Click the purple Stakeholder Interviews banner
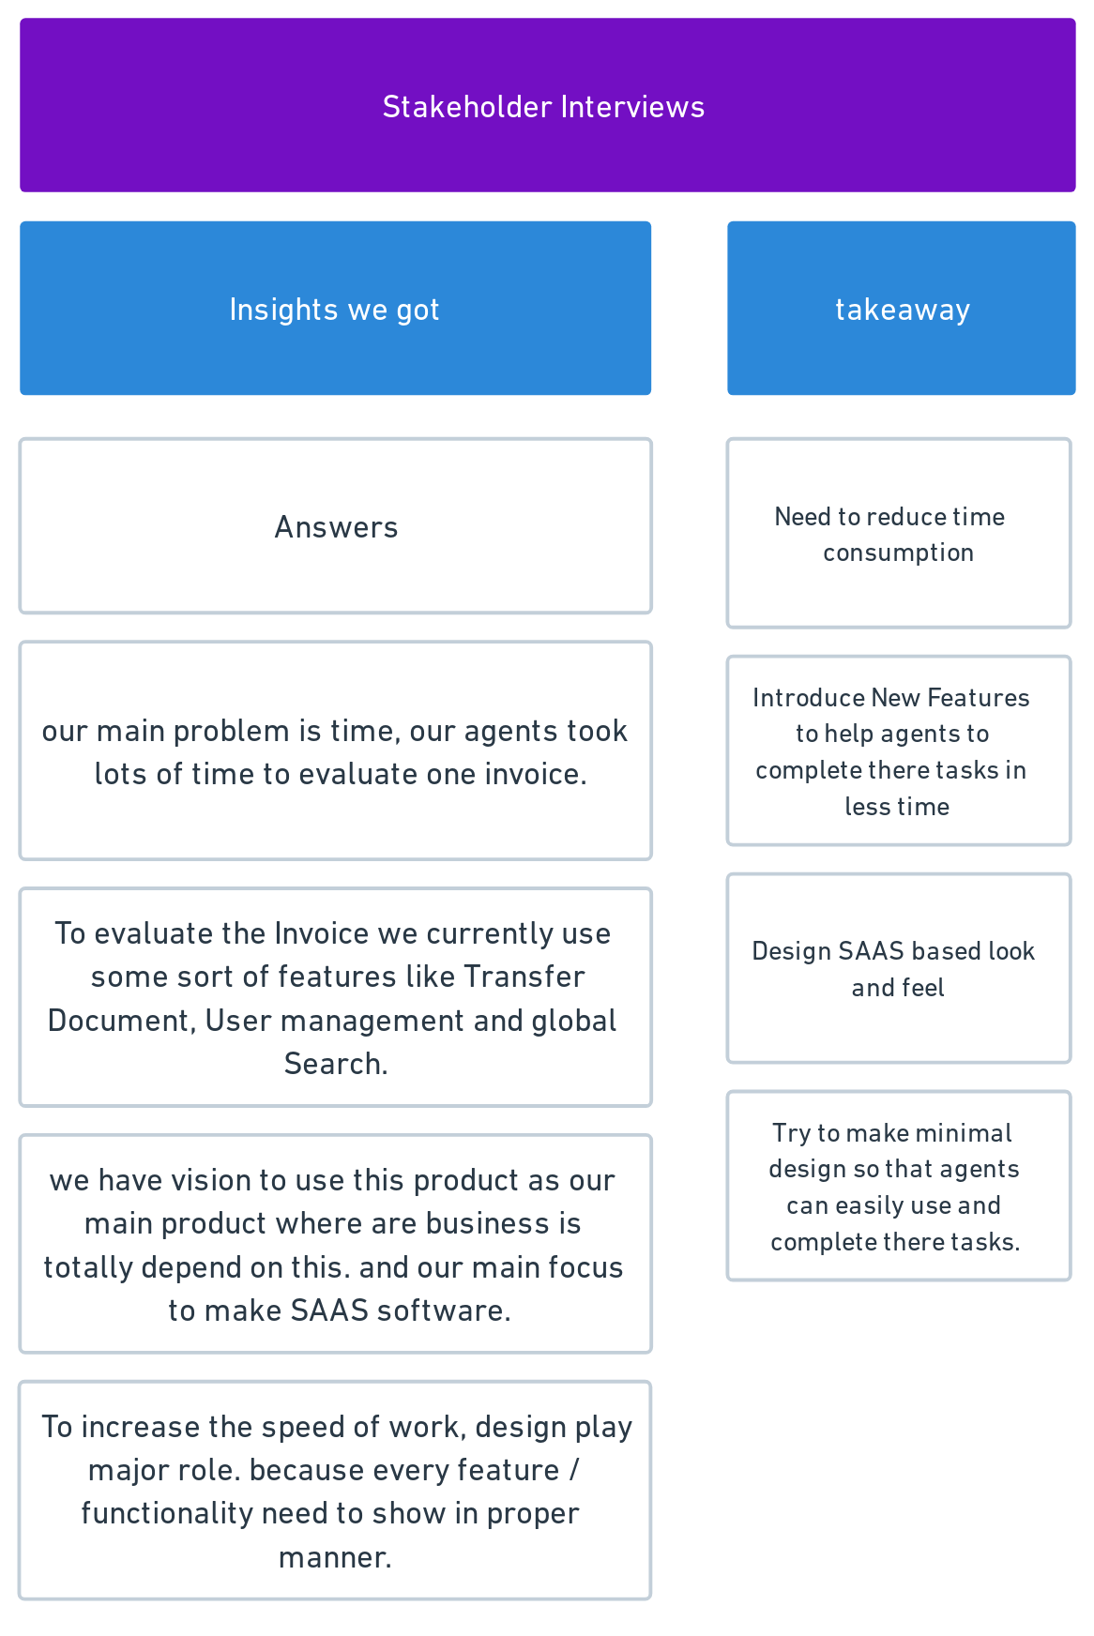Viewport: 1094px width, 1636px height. pyautogui.click(x=547, y=105)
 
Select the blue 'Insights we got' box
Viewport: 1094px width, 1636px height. pyautogui.click(x=335, y=308)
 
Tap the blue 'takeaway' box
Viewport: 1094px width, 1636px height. pyautogui.click(x=901, y=308)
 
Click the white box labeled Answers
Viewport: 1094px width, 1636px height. pyautogui.click(x=335, y=526)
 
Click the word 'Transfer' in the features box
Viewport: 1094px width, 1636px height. pyautogui.click(x=524, y=977)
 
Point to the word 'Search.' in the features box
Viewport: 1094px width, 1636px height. pyautogui.click(x=336, y=1064)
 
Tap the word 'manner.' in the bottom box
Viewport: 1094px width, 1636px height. pyautogui.click(x=335, y=1557)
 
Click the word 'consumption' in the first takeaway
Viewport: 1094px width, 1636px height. pyautogui.click(x=898, y=553)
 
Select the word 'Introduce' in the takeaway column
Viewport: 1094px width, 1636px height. pyautogui.click(x=809, y=697)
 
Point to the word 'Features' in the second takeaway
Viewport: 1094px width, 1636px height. pyautogui.click(x=978, y=697)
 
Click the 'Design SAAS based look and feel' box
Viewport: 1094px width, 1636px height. pyautogui.click(x=899, y=968)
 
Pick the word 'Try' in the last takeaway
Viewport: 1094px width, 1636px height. pyautogui.click(x=791, y=1133)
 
